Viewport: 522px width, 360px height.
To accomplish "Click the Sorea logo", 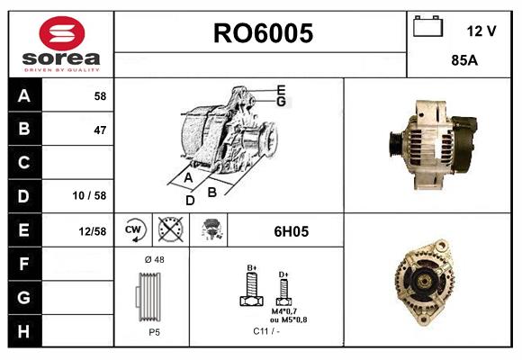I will (60, 44).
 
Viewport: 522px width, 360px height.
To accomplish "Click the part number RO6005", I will (262, 33).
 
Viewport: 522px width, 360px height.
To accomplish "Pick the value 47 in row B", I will (99, 130).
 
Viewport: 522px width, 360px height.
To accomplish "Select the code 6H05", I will (291, 231).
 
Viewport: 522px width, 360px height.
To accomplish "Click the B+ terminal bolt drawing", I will (252, 290).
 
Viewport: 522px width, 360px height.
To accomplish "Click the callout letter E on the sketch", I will (281, 89).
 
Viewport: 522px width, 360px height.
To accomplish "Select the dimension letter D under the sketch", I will (190, 200).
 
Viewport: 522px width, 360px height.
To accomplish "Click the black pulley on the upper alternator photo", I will (397, 142).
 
